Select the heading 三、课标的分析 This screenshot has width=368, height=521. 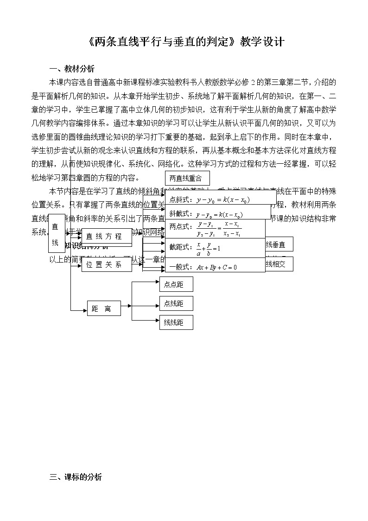(76, 477)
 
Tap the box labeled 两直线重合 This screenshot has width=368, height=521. (187, 178)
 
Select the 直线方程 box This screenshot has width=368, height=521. (106, 237)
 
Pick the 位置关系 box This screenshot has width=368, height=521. (106, 264)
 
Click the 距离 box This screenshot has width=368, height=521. (104, 309)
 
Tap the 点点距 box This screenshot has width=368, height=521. (176, 284)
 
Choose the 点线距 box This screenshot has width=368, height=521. (176, 303)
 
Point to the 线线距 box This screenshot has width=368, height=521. (176, 322)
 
